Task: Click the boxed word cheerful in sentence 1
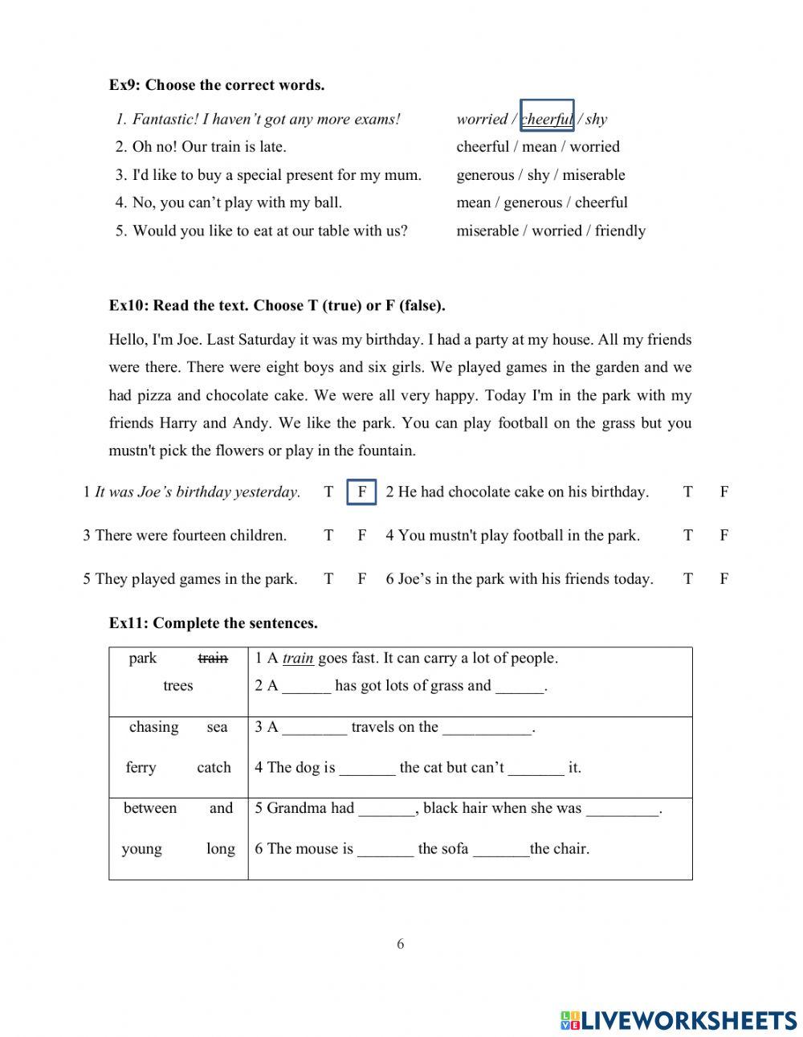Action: pyautogui.click(x=547, y=120)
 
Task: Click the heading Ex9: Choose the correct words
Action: pyautogui.click(x=217, y=85)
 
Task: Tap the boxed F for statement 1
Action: pyautogui.click(x=362, y=492)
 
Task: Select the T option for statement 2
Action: pyautogui.click(x=687, y=492)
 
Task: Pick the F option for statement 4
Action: pyautogui.click(x=724, y=536)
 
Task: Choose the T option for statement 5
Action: pyautogui.click(x=328, y=579)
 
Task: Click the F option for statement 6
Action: pyautogui.click(x=724, y=579)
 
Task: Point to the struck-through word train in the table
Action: pyautogui.click(x=213, y=659)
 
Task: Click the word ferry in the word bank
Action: pyautogui.click(x=141, y=768)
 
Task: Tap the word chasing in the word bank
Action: pyautogui.click(x=153, y=728)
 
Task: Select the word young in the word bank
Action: pyautogui.click(x=141, y=849)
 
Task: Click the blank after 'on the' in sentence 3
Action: pyautogui.click(x=487, y=729)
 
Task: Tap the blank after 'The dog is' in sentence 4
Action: pyautogui.click(x=367, y=769)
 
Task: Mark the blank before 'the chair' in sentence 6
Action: pyautogui.click(x=501, y=850)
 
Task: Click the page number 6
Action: pyautogui.click(x=401, y=945)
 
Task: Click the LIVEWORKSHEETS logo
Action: pyautogui.click(x=679, y=1020)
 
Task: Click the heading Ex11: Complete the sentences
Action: pyautogui.click(x=214, y=623)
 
